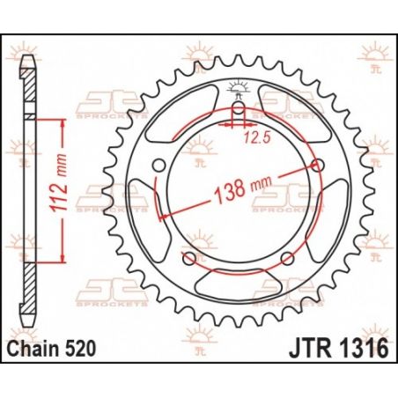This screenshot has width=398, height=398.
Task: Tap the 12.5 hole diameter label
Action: coord(255,136)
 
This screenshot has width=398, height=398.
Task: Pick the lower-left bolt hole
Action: coord(188,257)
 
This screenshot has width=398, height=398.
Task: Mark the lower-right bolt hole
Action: coord(286,257)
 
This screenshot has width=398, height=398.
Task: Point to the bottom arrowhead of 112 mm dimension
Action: coord(63,262)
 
